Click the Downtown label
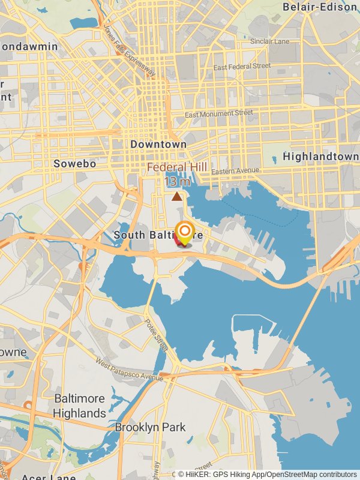158,145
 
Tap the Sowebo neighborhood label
74,163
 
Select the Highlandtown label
320,157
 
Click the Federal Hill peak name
177,167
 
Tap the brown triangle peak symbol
176,196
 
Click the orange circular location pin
184,232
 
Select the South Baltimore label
144,235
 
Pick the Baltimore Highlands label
79,406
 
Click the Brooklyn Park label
150,427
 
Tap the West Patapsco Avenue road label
128,371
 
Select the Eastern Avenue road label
235,172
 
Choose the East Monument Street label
218,113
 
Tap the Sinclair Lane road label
269,41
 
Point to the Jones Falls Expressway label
129,50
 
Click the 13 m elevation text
177,181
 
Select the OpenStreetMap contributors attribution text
311,474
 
